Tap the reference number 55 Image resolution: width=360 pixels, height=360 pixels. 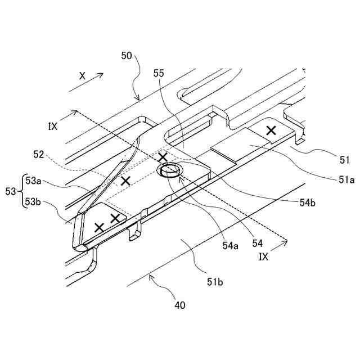tap(159, 73)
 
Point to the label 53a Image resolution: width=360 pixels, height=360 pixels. tap(34, 181)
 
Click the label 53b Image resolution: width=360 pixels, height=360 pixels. tap(34, 201)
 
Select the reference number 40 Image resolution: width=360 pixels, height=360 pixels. tap(180, 305)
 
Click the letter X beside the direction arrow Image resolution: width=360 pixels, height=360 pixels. tap(82, 75)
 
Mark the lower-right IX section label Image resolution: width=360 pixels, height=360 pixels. tap(264, 256)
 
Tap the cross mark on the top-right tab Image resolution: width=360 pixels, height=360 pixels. tap(271, 130)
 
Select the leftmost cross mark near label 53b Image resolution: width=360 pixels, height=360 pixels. tap(100, 227)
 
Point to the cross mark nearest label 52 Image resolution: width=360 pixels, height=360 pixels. tap(125, 181)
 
